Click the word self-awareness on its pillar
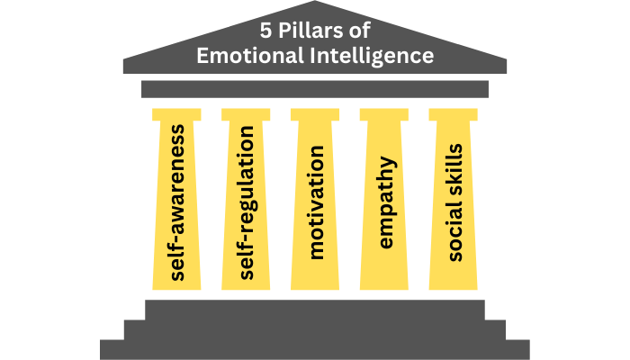coord(177,202)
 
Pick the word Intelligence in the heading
coord(376,56)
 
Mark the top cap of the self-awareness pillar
coord(177,114)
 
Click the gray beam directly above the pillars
coord(315,88)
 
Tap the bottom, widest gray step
coord(315,350)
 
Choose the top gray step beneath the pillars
coord(315,309)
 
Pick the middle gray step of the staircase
coord(315,329)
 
